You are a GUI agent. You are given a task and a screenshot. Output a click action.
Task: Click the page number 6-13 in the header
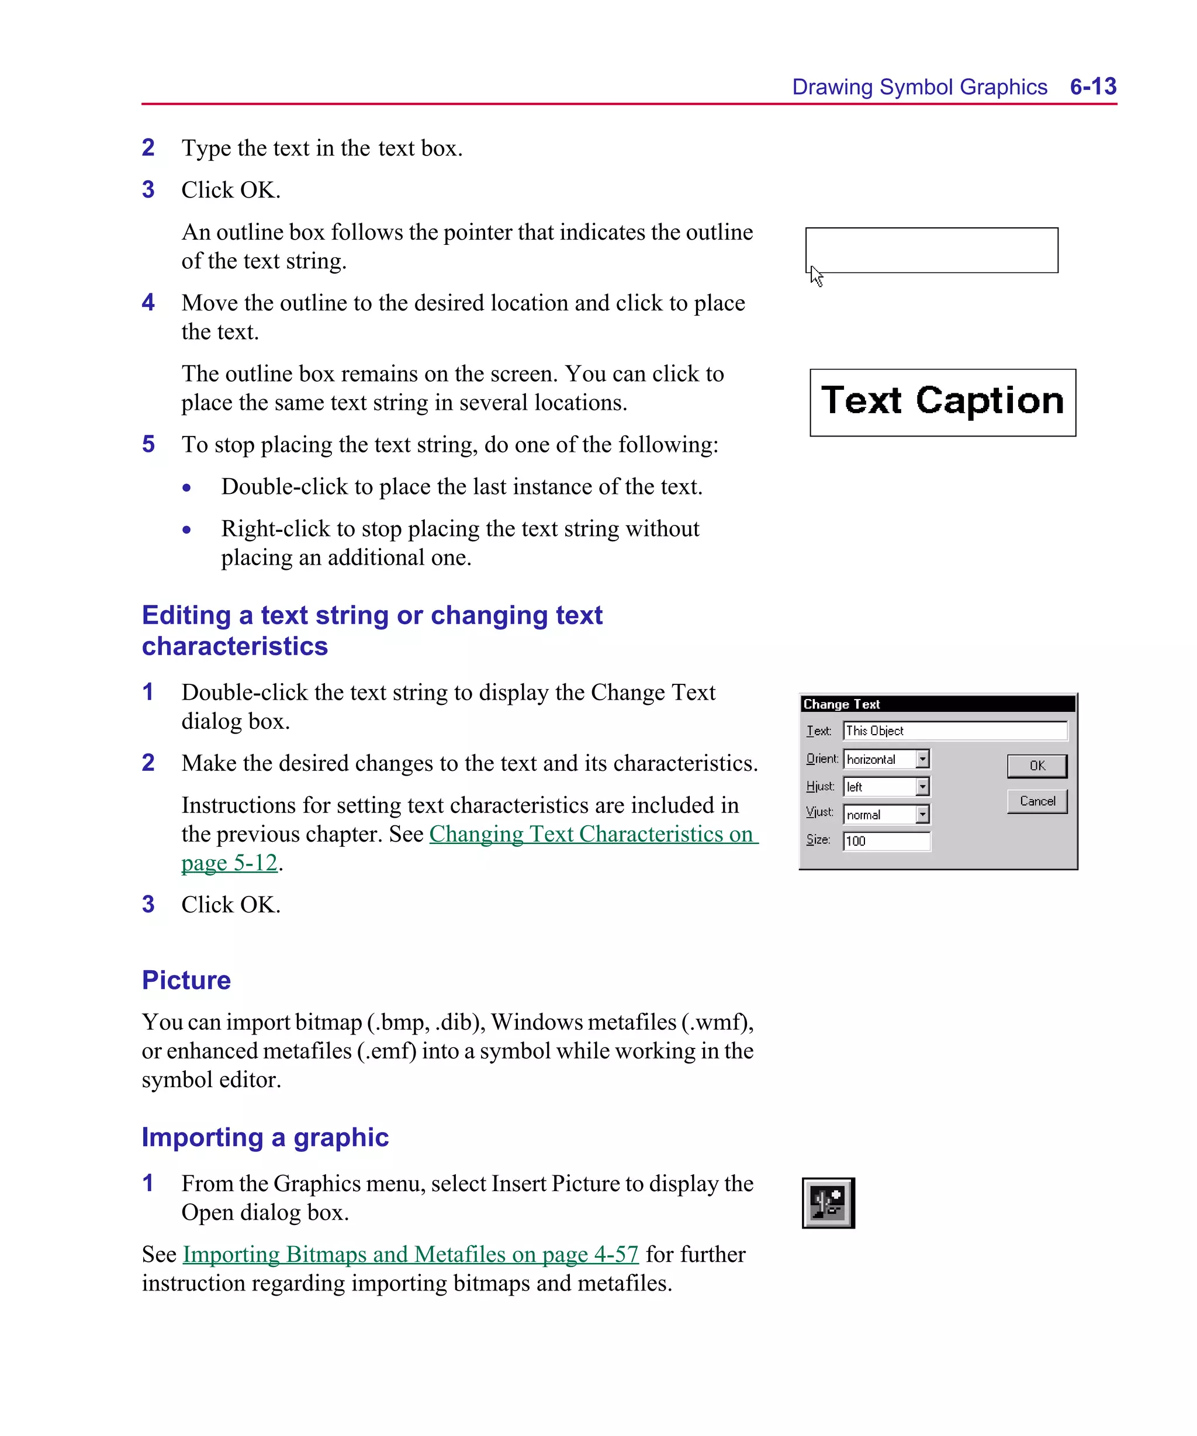coord(1092,87)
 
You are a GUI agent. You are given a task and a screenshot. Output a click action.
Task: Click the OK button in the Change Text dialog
coord(1036,766)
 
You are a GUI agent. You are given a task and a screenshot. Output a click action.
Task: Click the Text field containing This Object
coord(954,731)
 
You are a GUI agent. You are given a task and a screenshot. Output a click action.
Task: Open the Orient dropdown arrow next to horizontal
coord(922,759)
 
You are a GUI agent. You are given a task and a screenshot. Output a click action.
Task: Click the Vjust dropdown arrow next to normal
coord(922,814)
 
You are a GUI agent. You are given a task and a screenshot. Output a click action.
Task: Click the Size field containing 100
coord(886,841)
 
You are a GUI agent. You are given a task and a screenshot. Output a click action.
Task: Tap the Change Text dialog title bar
coord(937,704)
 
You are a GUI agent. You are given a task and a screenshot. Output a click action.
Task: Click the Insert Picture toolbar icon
coord(828,1203)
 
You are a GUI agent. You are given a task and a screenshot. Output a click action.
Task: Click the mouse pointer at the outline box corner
coord(816,276)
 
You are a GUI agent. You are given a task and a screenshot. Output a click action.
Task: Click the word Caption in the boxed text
coord(989,401)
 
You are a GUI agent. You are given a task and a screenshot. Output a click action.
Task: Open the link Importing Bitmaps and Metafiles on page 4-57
coord(410,1254)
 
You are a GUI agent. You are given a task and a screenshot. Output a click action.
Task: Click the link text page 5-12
coord(229,863)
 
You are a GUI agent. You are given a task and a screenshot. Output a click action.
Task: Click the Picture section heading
coord(186,980)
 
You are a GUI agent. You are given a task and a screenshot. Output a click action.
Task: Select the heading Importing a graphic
coord(265,1137)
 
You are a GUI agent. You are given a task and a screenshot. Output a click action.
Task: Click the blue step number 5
coord(148,444)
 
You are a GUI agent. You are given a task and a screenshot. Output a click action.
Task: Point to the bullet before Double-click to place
coord(186,487)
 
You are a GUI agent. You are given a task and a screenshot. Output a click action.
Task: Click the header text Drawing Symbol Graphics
coord(919,88)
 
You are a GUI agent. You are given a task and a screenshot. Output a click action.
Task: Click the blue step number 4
coord(148,303)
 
